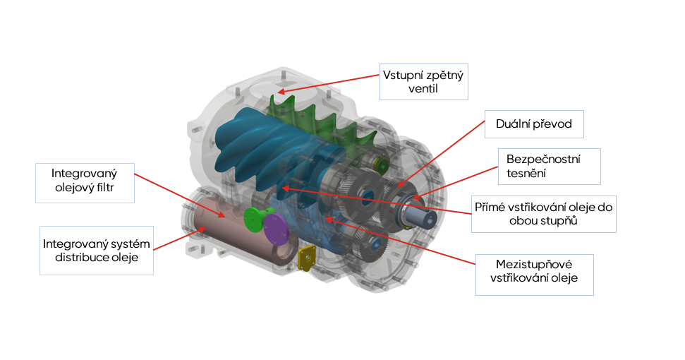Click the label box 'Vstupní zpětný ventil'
[x=423, y=82]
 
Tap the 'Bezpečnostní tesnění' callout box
[x=548, y=166]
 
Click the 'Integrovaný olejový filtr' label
[x=84, y=181]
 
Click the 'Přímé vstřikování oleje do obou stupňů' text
[x=544, y=214]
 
